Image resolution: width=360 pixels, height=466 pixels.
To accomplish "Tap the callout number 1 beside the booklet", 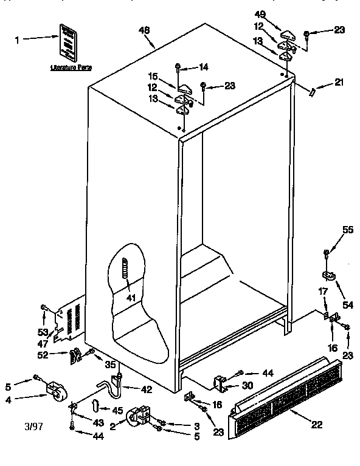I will (x=16, y=40).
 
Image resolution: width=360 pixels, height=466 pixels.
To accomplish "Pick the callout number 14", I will (x=203, y=67).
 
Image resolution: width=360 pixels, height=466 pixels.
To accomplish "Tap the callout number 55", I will (x=347, y=230).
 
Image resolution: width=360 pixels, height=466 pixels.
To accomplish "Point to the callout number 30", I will (x=247, y=386).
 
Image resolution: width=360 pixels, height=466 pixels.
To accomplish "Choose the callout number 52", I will (x=43, y=355).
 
